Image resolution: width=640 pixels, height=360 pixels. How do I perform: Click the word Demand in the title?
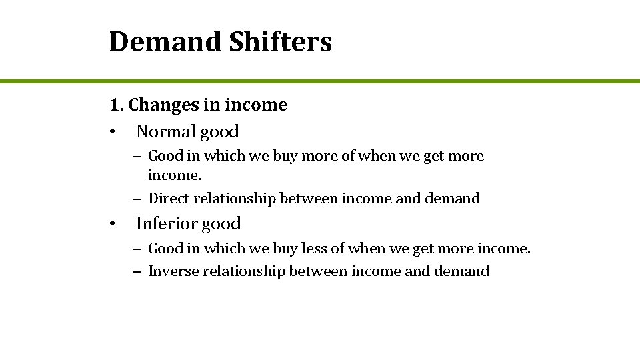166,41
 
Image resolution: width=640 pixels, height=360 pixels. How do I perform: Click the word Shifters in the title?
280,41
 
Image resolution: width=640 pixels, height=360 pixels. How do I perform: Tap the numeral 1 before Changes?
115,105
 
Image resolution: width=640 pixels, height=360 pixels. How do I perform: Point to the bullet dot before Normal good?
115,132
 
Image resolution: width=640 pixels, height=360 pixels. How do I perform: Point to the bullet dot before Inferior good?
115,224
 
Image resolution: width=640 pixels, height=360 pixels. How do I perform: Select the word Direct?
169,199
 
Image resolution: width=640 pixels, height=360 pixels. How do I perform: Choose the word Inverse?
172,271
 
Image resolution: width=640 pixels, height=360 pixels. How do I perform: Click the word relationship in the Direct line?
235,199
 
